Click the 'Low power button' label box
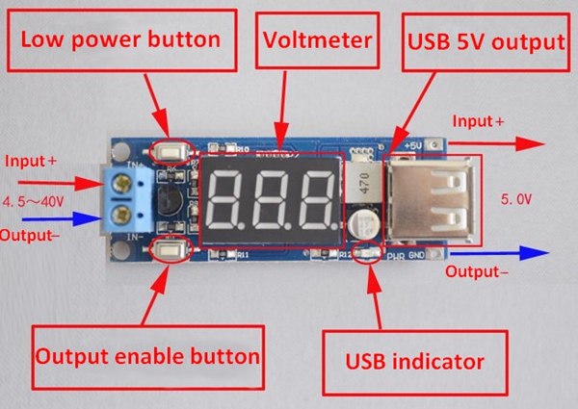coord(121,40)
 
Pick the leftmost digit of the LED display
coord(228,198)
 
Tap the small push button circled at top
coord(172,150)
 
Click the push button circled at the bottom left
coord(168,253)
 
